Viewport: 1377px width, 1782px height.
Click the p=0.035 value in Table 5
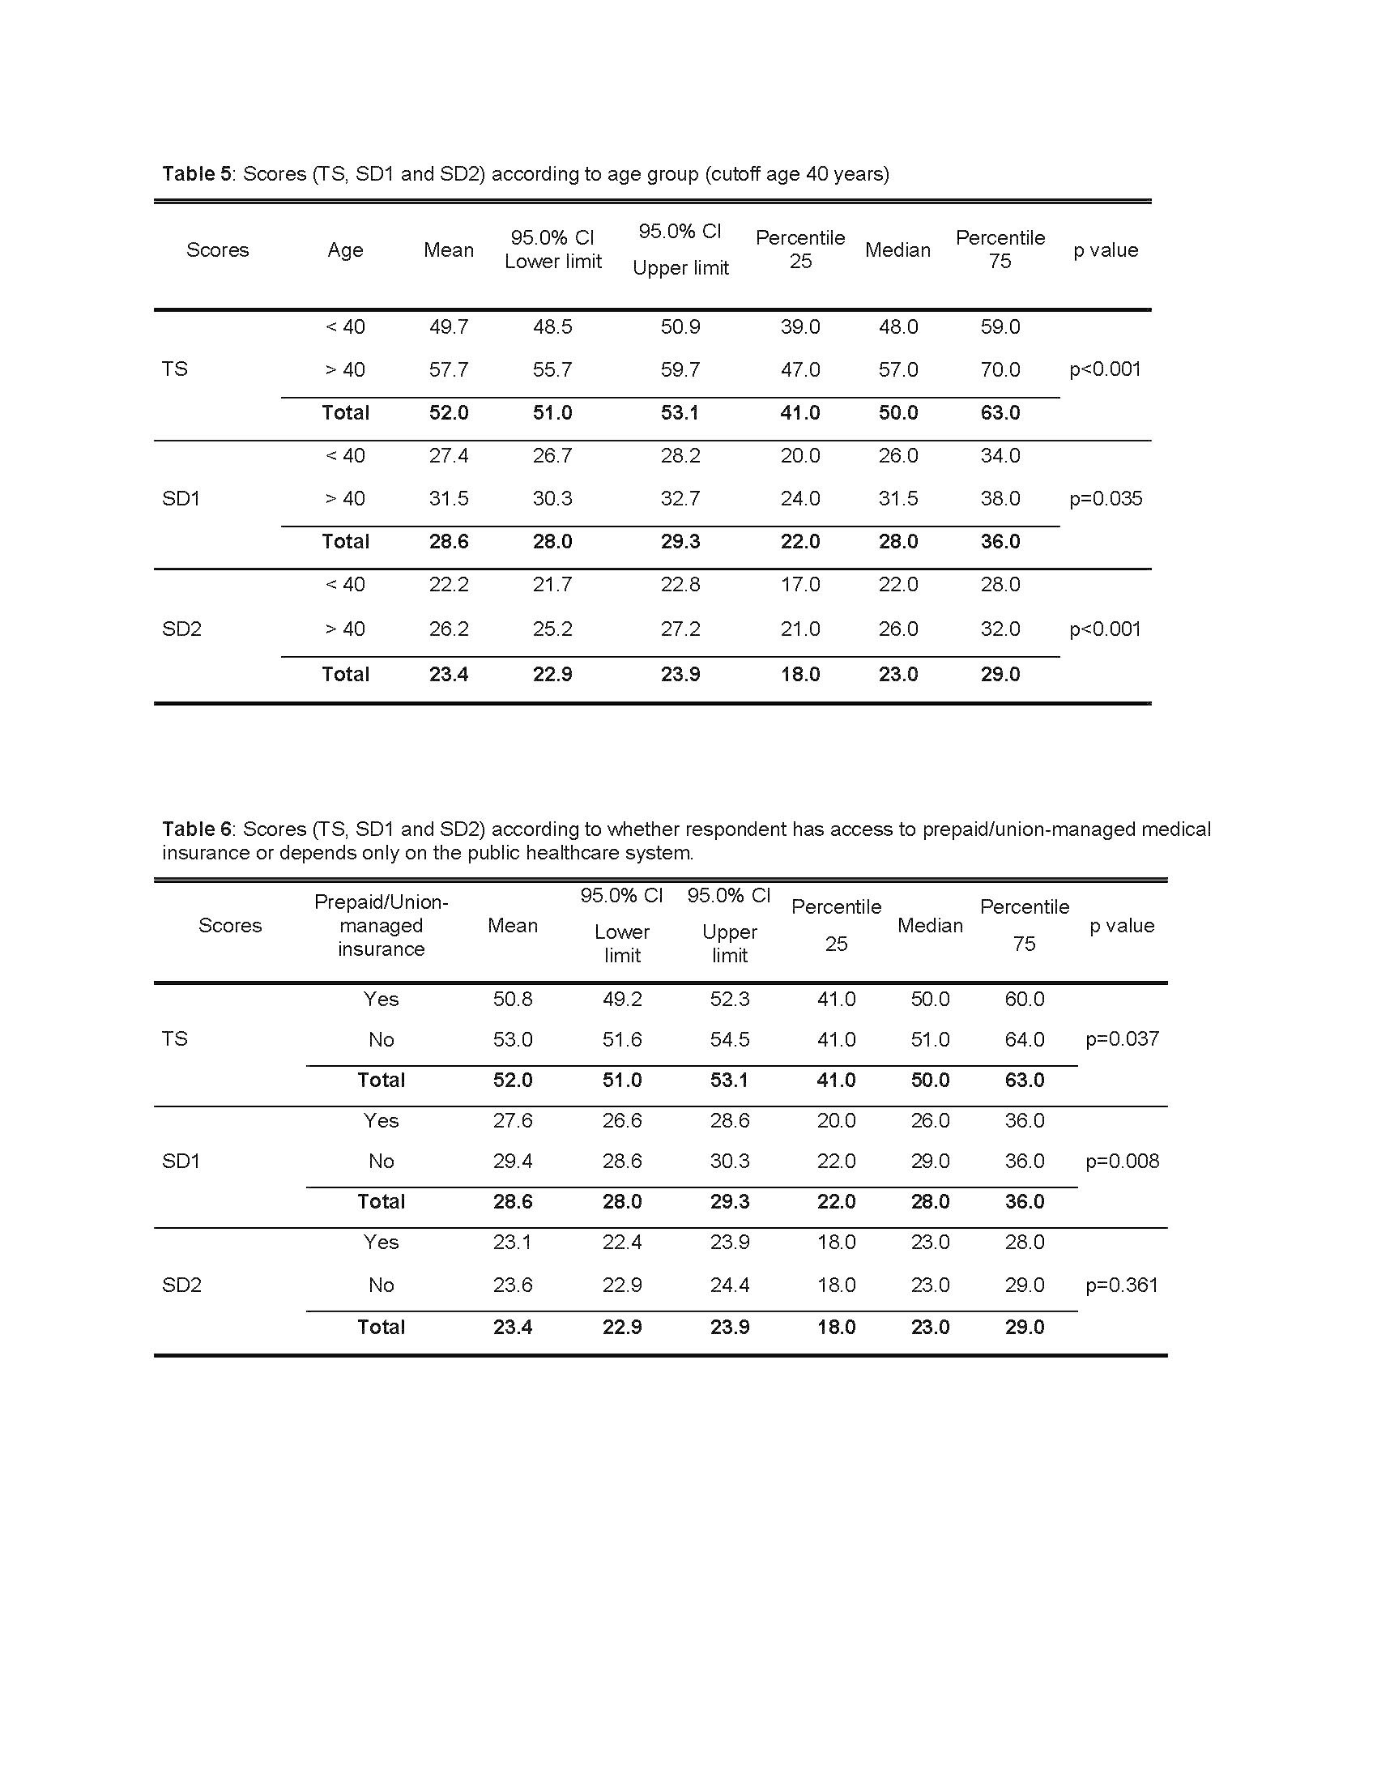(x=1106, y=498)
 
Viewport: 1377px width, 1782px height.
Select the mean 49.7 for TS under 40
(x=449, y=327)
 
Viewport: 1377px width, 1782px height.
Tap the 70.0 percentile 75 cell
(x=1000, y=369)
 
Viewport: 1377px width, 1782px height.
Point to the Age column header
(x=345, y=250)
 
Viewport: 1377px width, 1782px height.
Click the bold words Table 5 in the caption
(x=197, y=174)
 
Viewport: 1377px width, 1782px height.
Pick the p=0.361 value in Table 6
(x=1122, y=1285)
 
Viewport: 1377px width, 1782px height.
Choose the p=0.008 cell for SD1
(x=1122, y=1161)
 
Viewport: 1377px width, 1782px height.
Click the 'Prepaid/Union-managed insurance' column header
(x=381, y=925)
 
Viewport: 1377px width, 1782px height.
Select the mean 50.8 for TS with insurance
(x=512, y=1000)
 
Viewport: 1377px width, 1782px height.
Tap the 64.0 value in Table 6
(x=1025, y=1039)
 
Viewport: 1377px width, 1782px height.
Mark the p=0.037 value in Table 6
(x=1122, y=1038)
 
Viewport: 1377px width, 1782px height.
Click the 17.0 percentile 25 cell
(x=799, y=585)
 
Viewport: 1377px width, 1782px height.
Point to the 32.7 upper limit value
(x=680, y=498)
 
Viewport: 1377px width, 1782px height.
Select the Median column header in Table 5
(x=897, y=250)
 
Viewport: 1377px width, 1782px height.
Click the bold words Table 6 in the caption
(x=197, y=829)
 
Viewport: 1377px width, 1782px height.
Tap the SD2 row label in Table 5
(x=181, y=629)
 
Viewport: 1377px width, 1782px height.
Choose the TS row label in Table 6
(x=175, y=1038)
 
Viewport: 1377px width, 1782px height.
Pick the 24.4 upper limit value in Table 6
(x=729, y=1285)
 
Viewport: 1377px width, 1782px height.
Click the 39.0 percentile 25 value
(x=799, y=327)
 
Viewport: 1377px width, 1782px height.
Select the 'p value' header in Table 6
(x=1122, y=925)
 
